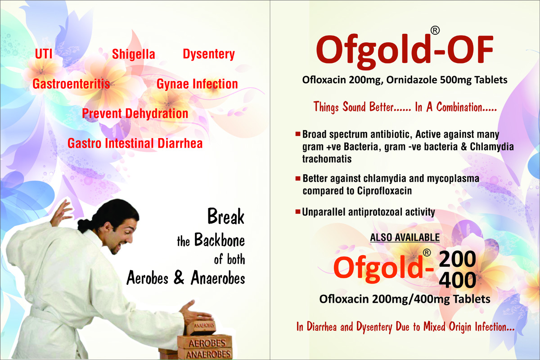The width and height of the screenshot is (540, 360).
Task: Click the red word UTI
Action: [44, 54]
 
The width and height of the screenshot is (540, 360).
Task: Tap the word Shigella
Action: [134, 54]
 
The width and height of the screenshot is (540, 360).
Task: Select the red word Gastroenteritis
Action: [72, 84]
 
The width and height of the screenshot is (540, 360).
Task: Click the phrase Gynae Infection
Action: [197, 84]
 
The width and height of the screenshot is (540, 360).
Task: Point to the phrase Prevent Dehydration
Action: [135, 113]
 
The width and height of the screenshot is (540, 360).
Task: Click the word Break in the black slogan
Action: [226, 216]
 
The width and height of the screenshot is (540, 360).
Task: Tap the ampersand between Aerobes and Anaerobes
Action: [179, 277]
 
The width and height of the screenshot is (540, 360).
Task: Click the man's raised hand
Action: [60, 213]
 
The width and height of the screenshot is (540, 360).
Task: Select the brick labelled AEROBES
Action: [205, 342]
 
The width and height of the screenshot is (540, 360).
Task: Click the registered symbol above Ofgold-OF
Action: [435, 31]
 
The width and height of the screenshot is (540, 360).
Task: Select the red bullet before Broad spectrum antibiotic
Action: [298, 134]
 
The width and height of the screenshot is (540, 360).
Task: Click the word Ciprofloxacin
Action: [384, 191]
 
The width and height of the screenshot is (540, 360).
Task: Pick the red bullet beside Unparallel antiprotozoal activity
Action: [298, 211]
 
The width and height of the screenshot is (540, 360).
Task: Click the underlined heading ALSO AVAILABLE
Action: [405, 238]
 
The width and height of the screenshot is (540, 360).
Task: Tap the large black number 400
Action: [457, 280]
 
